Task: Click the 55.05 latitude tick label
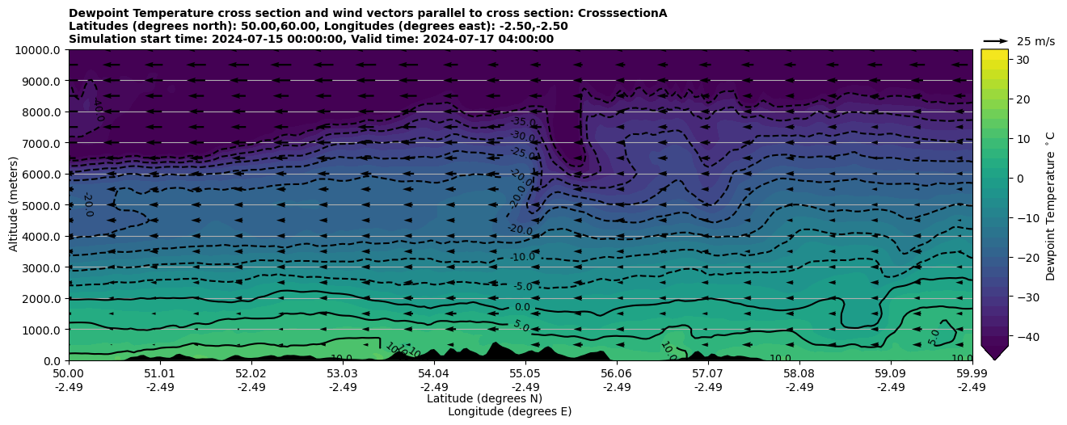525,375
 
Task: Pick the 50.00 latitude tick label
69,375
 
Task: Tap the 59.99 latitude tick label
972,375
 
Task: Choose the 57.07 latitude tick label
708,375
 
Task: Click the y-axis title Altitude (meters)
14,205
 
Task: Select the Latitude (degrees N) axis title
484,398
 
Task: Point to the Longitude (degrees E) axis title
509,411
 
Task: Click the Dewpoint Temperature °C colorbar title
1051,205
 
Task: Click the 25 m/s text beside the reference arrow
1035,41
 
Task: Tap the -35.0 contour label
523,123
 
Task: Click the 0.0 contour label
522,307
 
